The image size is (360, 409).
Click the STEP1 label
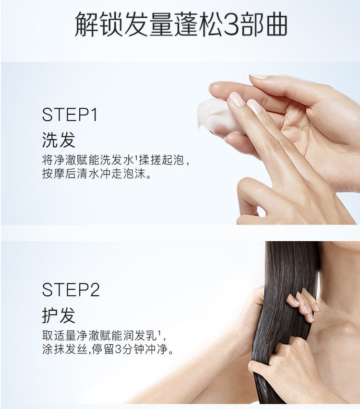point(70,115)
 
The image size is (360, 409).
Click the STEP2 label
point(71,290)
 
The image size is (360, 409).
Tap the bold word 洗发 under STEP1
point(59,140)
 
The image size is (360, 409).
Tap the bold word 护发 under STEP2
point(59,315)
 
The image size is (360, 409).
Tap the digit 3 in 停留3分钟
point(119,349)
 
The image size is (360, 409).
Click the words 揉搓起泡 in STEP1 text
point(161,160)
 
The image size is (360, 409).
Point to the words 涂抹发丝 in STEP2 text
point(65,349)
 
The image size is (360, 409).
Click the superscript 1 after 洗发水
point(135,157)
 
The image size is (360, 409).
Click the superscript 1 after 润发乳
point(159,332)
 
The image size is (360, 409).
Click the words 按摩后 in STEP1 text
point(59,174)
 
